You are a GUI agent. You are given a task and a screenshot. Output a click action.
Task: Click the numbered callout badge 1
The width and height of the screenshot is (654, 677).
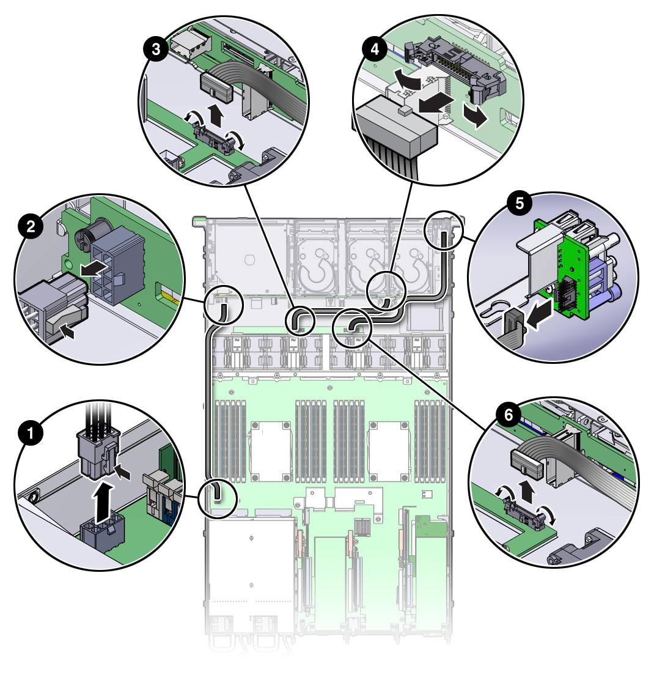tap(31, 432)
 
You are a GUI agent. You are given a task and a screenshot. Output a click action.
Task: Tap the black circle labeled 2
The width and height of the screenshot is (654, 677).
tap(31, 226)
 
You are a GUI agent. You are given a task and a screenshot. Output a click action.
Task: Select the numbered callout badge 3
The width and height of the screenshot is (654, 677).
tap(156, 49)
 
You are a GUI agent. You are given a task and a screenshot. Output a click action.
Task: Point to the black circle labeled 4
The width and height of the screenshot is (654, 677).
tap(375, 49)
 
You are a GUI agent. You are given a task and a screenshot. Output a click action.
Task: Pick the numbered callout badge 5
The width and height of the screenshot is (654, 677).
tap(520, 203)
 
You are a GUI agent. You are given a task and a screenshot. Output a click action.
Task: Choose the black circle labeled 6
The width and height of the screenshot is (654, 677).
tap(509, 415)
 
